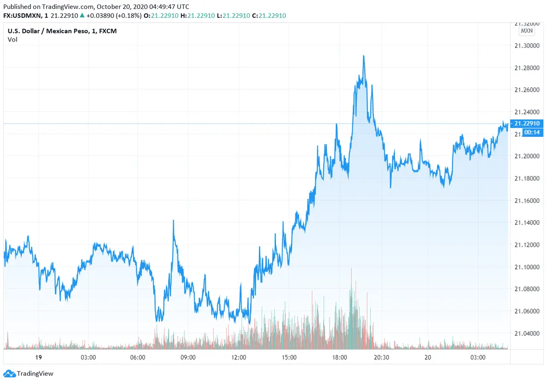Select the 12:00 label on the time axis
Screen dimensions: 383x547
(239, 357)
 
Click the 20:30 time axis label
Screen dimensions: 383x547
(381, 357)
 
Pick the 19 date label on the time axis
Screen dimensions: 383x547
(38, 357)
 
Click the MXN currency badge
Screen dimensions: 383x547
(526, 31)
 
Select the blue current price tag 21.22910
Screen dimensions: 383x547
(526, 124)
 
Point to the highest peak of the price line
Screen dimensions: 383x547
(363, 56)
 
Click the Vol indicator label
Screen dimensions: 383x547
(12, 40)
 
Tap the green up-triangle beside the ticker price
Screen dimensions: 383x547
(81, 15)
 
